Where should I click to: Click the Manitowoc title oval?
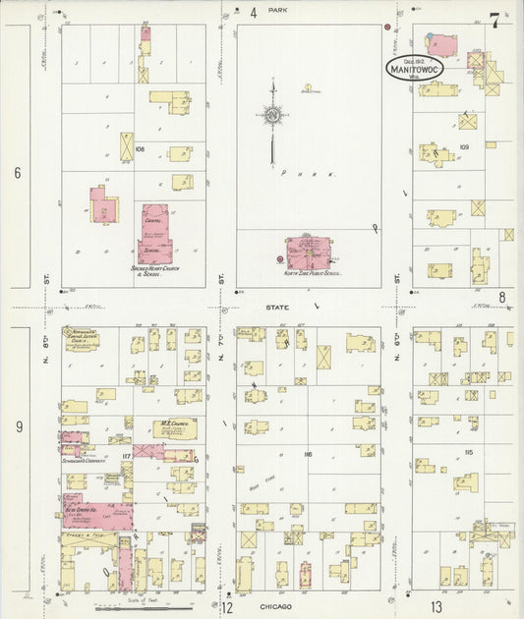413,68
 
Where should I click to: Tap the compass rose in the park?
272,116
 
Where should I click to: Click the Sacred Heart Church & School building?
154,233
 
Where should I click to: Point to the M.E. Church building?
174,429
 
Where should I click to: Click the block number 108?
140,149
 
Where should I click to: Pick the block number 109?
463,146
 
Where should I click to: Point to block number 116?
308,455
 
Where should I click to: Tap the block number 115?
468,451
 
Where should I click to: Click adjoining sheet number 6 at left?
17,173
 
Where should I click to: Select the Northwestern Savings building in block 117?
83,342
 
